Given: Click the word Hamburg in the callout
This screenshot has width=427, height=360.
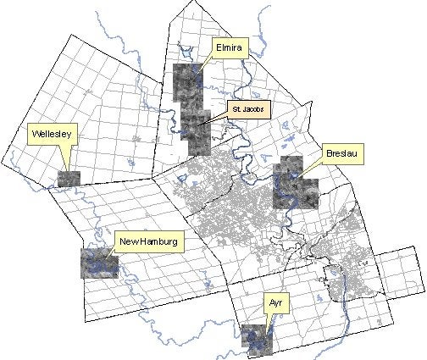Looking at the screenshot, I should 158,242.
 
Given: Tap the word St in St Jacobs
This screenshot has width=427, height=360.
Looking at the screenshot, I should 236,110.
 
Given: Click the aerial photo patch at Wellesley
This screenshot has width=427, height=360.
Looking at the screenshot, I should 69,179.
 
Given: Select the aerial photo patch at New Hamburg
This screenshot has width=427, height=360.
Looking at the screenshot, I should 98,262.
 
